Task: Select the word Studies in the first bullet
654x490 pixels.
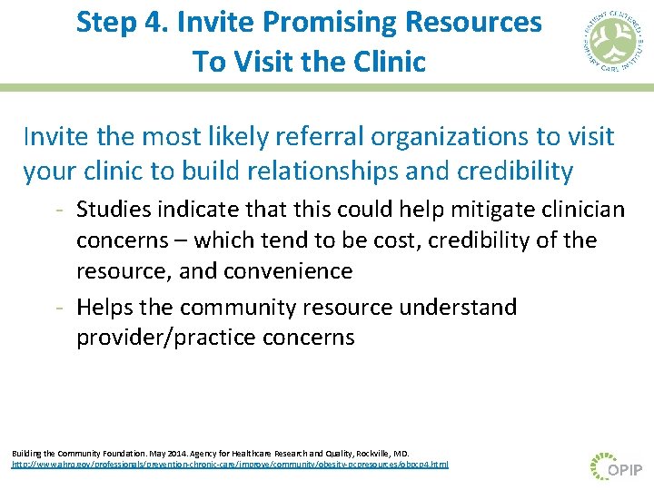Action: pyautogui.click(x=114, y=211)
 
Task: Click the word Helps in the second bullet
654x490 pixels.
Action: pyautogui.click(x=104, y=308)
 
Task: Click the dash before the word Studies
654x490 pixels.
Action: pyautogui.click(x=58, y=211)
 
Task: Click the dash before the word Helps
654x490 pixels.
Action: pyautogui.click(x=58, y=308)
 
